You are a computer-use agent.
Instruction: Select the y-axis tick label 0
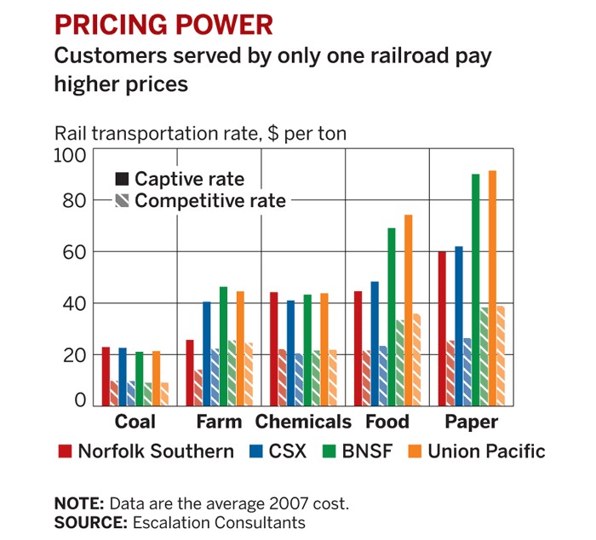[x=81, y=399]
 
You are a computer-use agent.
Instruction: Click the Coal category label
[x=135, y=422]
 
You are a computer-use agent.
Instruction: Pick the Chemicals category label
[x=303, y=422]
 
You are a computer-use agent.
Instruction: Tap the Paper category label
[x=471, y=422]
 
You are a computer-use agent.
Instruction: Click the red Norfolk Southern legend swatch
[x=64, y=451]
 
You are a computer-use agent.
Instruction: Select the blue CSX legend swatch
[x=255, y=451]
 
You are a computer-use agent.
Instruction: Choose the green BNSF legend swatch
[x=327, y=451]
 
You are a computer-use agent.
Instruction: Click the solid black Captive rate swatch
[x=122, y=179]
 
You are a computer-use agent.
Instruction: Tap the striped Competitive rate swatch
[x=122, y=201]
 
